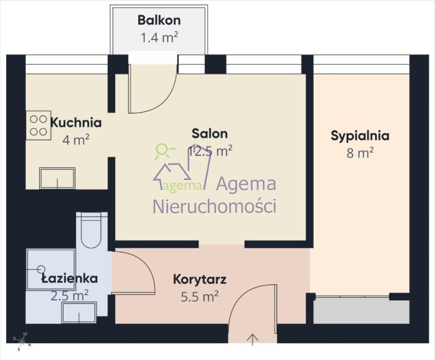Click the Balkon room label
coord(159,20)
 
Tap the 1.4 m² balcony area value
coord(159,38)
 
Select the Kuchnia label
coord(76,123)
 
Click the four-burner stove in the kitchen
coord(39,125)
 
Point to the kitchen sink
coord(57,178)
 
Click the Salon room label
coord(210,134)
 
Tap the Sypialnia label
coord(360,136)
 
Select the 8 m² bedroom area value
coord(360,153)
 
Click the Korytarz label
coord(200,279)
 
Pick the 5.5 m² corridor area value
coord(200,297)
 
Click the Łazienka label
coord(69,278)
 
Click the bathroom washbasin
coord(79,313)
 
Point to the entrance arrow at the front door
coord(252,340)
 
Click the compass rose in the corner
coord(22,340)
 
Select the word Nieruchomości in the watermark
coord(214,206)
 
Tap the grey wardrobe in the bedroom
coord(361,311)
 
